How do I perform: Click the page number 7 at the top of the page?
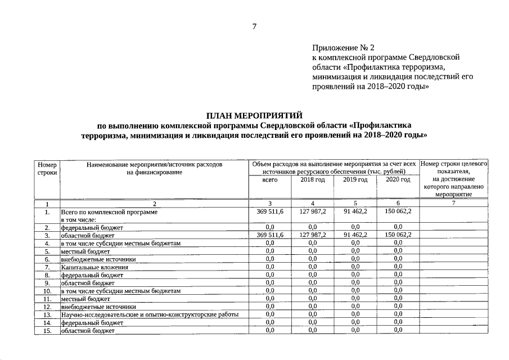tap(254, 26)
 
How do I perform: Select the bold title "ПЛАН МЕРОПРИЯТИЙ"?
tap(254, 115)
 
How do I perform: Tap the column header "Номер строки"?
tap(47, 168)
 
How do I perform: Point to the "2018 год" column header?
tap(313, 179)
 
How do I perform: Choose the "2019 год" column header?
tap(355, 179)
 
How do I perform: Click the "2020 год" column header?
tap(398, 179)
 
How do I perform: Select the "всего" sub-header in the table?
tap(270, 179)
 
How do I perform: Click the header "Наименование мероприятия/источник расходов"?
tap(155, 165)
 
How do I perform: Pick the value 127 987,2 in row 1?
tap(313, 211)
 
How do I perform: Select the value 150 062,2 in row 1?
tap(398, 211)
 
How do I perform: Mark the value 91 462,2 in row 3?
tap(355, 235)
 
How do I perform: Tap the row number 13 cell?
tap(47, 314)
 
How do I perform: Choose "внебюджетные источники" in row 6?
tap(98, 259)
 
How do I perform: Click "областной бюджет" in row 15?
tap(88, 331)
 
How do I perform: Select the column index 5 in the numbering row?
tap(355, 203)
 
